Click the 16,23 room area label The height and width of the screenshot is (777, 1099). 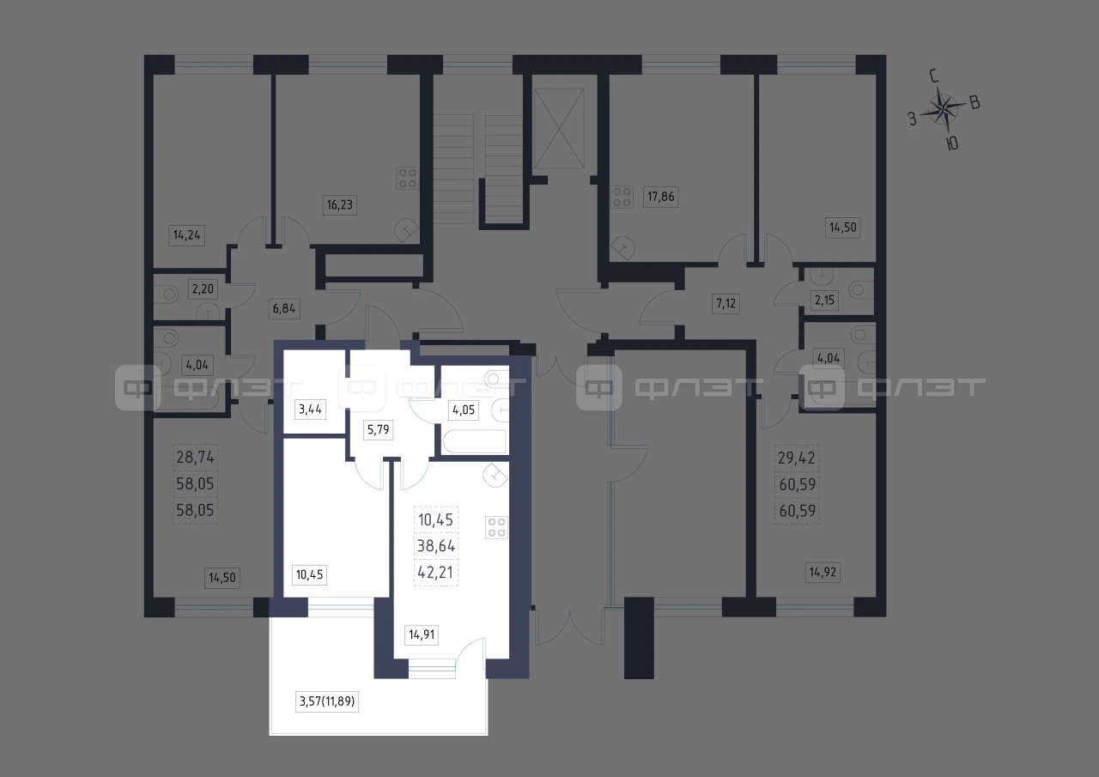pyautogui.click(x=339, y=204)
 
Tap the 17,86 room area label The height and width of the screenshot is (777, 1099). pyautogui.click(x=660, y=197)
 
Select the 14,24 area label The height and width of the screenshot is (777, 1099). pyautogui.click(x=186, y=235)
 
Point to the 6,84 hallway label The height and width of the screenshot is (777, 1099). pyautogui.click(x=284, y=308)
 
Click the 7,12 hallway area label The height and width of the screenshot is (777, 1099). pyautogui.click(x=726, y=303)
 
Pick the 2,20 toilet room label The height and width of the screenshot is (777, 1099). pyautogui.click(x=203, y=289)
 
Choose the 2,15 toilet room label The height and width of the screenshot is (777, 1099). pyautogui.click(x=824, y=300)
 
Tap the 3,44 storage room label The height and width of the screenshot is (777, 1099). pyautogui.click(x=310, y=409)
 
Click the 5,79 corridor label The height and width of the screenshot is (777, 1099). pyautogui.click(x=379, y=429)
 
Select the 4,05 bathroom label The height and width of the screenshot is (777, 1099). pyautogui.click(x=464, y=410)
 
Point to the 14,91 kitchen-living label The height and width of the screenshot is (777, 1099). pyautogui.click(x=422, y=634)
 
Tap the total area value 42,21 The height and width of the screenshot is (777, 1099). pyautogui.click(x=435, y=572)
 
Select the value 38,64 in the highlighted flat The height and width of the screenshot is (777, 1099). pyautogui.click(x=436, y=545)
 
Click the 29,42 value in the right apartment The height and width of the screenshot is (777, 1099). pyautogui.click(x=796, y=458)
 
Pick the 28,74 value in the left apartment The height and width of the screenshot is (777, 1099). pyautogui.click(x=195, y=457)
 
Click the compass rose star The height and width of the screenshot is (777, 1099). pyautogui.click(x=943, y=110)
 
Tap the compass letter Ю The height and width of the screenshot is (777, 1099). pyautogui.click(x=952, y=143)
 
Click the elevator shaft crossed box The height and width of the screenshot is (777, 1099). pyautogui.click(x=559, y=129)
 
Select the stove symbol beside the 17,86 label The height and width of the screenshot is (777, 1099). pyautogui.click(x=622, y=197)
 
